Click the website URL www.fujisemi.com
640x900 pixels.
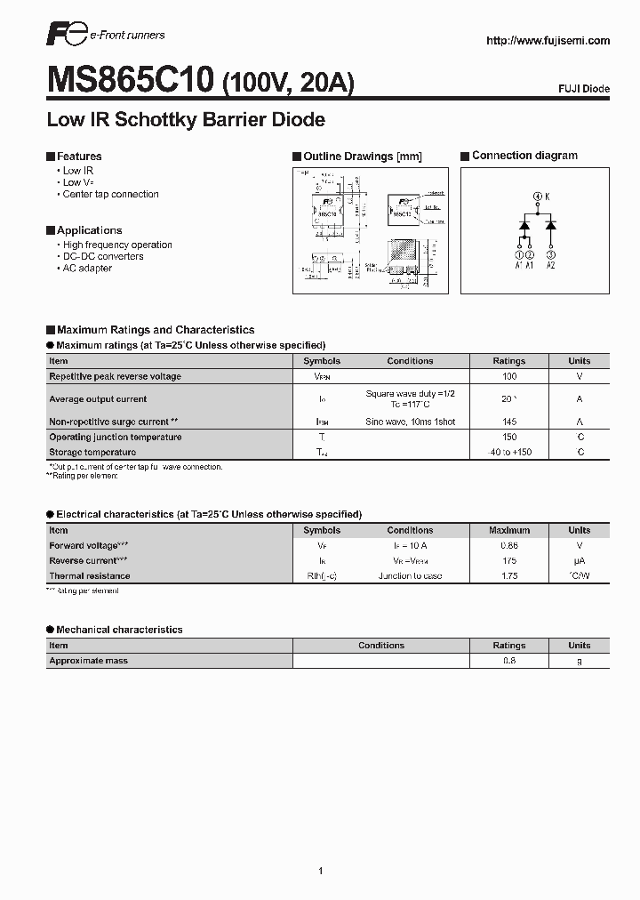tap(548, 41)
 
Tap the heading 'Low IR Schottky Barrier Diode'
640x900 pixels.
tap(185, 119)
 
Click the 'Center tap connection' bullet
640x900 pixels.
tap(110, 194)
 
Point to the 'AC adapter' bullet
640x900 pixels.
tap(87, 268)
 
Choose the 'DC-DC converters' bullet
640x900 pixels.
tap(103, 256)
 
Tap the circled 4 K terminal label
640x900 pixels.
tap(540, 196)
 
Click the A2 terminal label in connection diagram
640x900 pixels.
tap(550, 264)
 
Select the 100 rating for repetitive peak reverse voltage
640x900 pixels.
tap(509, 376)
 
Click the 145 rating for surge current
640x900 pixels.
tap(509, 422)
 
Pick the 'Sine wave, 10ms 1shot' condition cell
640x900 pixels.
tap(410, 422)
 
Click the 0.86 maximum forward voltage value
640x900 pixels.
tap(509, 545)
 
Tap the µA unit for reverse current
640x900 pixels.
tap(580, 561)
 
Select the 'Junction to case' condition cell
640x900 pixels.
tap(410, 576)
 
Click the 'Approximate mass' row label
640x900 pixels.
tap(89, 661)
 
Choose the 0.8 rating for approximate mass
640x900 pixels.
tap(509, 661)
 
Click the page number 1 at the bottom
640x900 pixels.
tap(320, 846)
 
